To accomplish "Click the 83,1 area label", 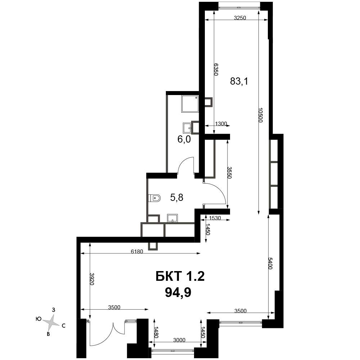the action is point(239,81).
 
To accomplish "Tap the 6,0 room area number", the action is point(184,139).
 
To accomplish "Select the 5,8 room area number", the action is point(176,197).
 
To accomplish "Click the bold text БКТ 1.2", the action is point(180,276).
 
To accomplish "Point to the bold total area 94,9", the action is point(178,292).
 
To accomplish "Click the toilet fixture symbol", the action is point(154,198).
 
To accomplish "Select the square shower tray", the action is point(190,104).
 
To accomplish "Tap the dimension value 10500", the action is point(260,115).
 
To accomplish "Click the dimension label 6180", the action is point(137,251).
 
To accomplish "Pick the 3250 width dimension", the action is point(240,18).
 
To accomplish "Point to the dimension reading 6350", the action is point(216,69).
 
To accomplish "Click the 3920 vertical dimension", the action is point(92,279).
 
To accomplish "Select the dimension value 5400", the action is point(270,264).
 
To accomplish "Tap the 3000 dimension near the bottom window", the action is point(179,340).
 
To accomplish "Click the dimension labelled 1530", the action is point(215,218).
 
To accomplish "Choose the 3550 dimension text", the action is point(229,172).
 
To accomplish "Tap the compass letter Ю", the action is point(39,319).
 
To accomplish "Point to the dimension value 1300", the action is point(221,124).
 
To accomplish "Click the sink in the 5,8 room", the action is point(172,218).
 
